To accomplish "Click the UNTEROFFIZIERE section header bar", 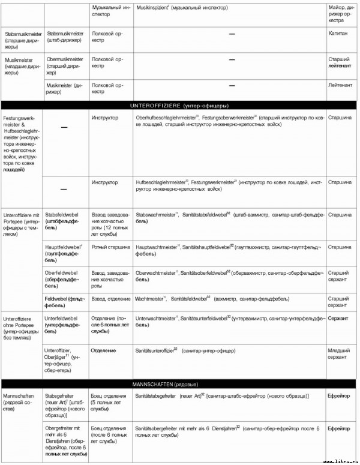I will point(179,104).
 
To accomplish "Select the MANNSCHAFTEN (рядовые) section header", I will point(179,383).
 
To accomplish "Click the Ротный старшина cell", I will point(109,247).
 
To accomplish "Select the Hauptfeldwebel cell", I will point(64,250).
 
